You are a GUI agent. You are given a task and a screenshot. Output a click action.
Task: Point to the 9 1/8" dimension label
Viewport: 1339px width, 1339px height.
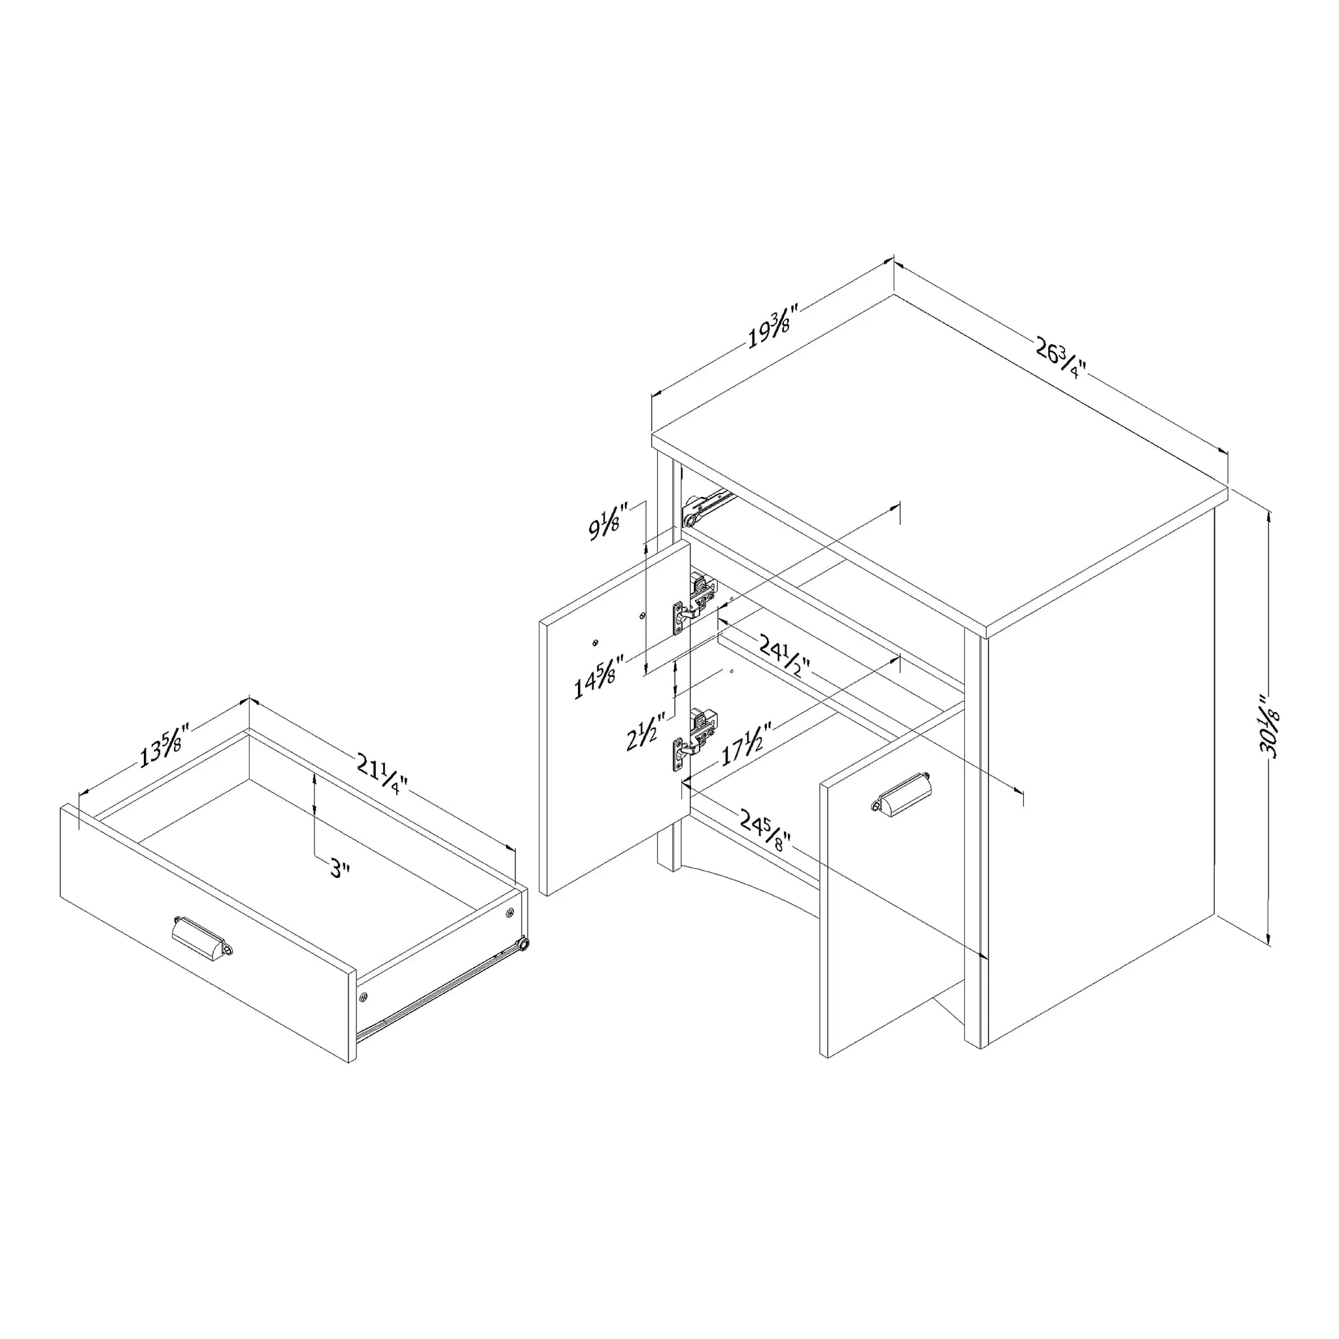pos(608,521)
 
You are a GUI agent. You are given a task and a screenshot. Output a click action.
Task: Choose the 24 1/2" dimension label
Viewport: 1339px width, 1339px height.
pos(784,657)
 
